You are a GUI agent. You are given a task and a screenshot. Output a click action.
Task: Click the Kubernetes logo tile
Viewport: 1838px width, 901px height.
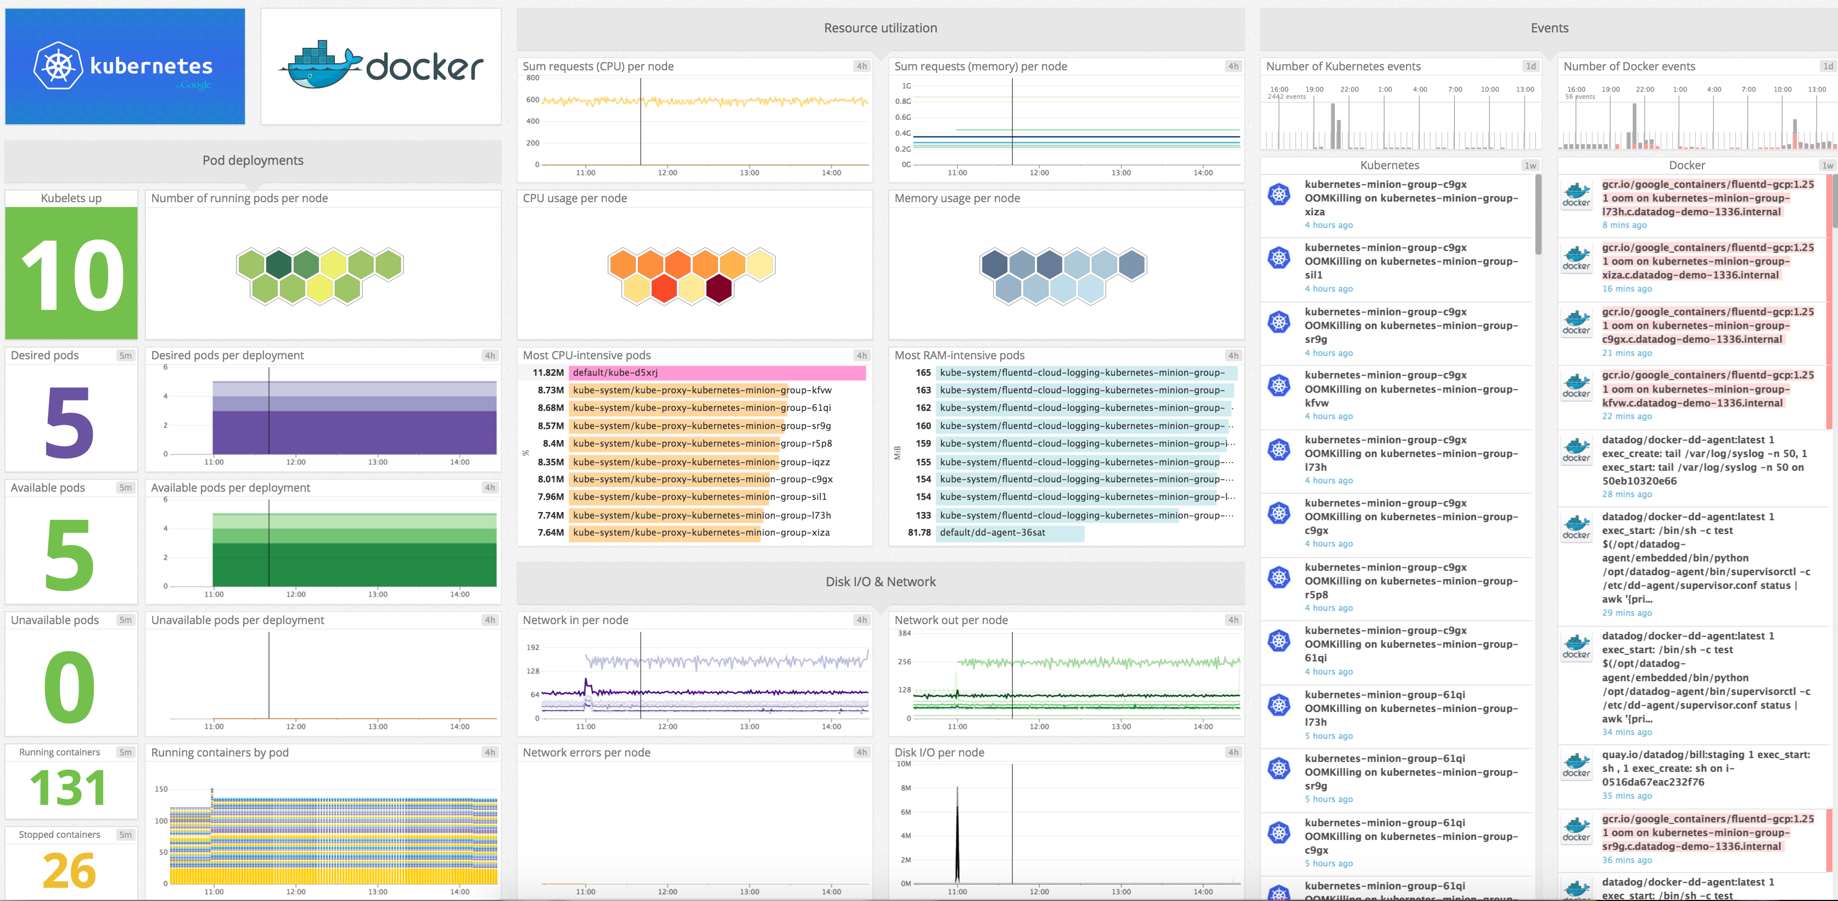click(125, 66)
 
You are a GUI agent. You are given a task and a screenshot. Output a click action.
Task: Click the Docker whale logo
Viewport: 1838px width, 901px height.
click(321, 66)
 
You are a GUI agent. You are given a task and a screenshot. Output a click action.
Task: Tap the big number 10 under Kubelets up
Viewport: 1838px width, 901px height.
click(71, 275)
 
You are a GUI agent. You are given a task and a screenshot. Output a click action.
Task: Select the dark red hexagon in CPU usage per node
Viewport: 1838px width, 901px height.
click(719, 289)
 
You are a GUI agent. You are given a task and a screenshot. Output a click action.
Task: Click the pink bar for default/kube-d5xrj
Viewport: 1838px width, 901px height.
click(717, 372)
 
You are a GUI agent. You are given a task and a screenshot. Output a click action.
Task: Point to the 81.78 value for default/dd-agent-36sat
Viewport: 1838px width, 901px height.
click(919, 532)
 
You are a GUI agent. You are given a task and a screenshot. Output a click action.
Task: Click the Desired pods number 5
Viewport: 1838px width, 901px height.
click(69, 422)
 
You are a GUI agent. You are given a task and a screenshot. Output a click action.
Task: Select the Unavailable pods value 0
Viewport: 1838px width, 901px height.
click(69, 687)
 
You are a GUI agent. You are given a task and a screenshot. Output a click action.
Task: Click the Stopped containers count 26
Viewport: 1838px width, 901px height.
click(69, 870)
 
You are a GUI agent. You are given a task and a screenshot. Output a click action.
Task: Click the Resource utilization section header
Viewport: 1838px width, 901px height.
click(880, 28)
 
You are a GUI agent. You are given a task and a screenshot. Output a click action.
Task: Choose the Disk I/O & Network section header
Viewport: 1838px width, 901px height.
click(880, 582)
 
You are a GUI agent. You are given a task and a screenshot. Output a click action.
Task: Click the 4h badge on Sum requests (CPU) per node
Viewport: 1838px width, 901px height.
click(861, 66)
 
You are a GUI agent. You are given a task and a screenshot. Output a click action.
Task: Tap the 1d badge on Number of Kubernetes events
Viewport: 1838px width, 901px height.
click(1530, 66)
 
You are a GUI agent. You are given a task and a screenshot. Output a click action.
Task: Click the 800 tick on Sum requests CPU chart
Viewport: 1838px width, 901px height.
click(533, 78)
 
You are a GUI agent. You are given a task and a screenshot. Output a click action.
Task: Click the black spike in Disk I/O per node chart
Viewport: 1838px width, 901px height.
click(957, 835)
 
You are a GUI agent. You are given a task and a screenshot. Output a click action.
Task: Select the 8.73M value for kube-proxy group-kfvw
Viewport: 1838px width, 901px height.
click(550, 391)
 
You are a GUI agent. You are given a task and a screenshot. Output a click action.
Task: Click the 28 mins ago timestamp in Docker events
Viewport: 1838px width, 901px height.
click(1626, 494)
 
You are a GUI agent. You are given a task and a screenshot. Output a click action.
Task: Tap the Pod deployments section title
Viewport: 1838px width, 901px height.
click(253, 160)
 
